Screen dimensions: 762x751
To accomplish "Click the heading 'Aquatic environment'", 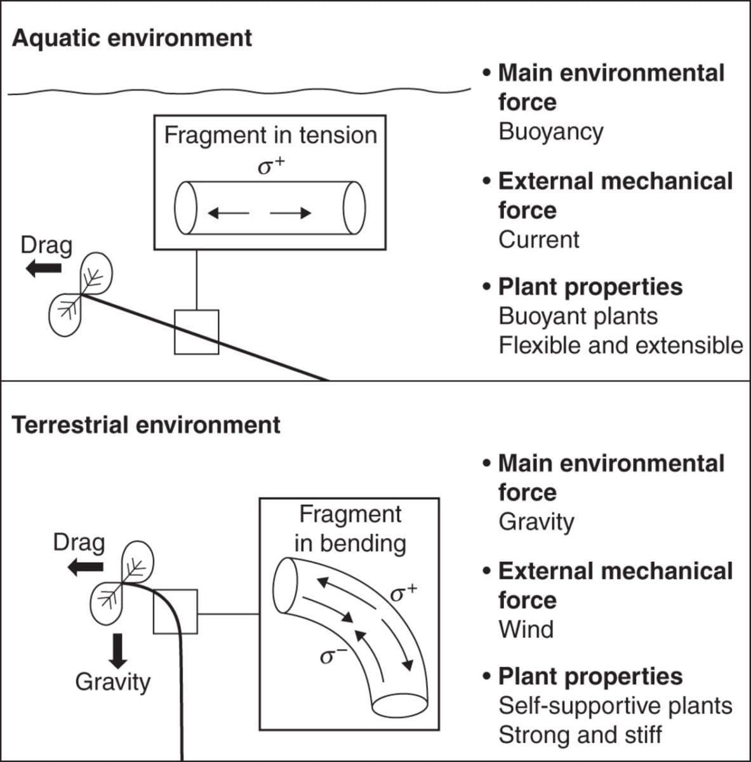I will click(132, 38).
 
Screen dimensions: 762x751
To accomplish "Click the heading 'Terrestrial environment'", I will click(146, 425).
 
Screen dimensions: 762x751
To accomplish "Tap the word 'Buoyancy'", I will click(550, 132).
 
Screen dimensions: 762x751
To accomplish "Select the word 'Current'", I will click(538, 240).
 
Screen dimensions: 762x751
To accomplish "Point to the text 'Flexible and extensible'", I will click(620, 345).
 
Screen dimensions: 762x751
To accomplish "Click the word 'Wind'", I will click(526, 630).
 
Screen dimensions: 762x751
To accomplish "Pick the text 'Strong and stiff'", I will click(580, 735).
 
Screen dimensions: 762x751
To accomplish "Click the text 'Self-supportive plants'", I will click(615, 706).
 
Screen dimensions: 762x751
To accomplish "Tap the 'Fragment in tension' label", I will click(270, 135).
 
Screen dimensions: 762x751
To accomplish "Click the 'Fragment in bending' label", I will click(350, 528).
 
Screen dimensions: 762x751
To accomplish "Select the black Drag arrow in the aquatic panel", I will click(43, 269).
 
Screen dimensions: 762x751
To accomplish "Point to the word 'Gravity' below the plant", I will click(112, 682).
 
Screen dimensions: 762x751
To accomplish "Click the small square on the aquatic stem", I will click(197, 332).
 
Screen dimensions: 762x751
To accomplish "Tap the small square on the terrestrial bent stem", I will click(175, 612).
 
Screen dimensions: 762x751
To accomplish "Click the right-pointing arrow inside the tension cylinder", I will click(290, 213).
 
